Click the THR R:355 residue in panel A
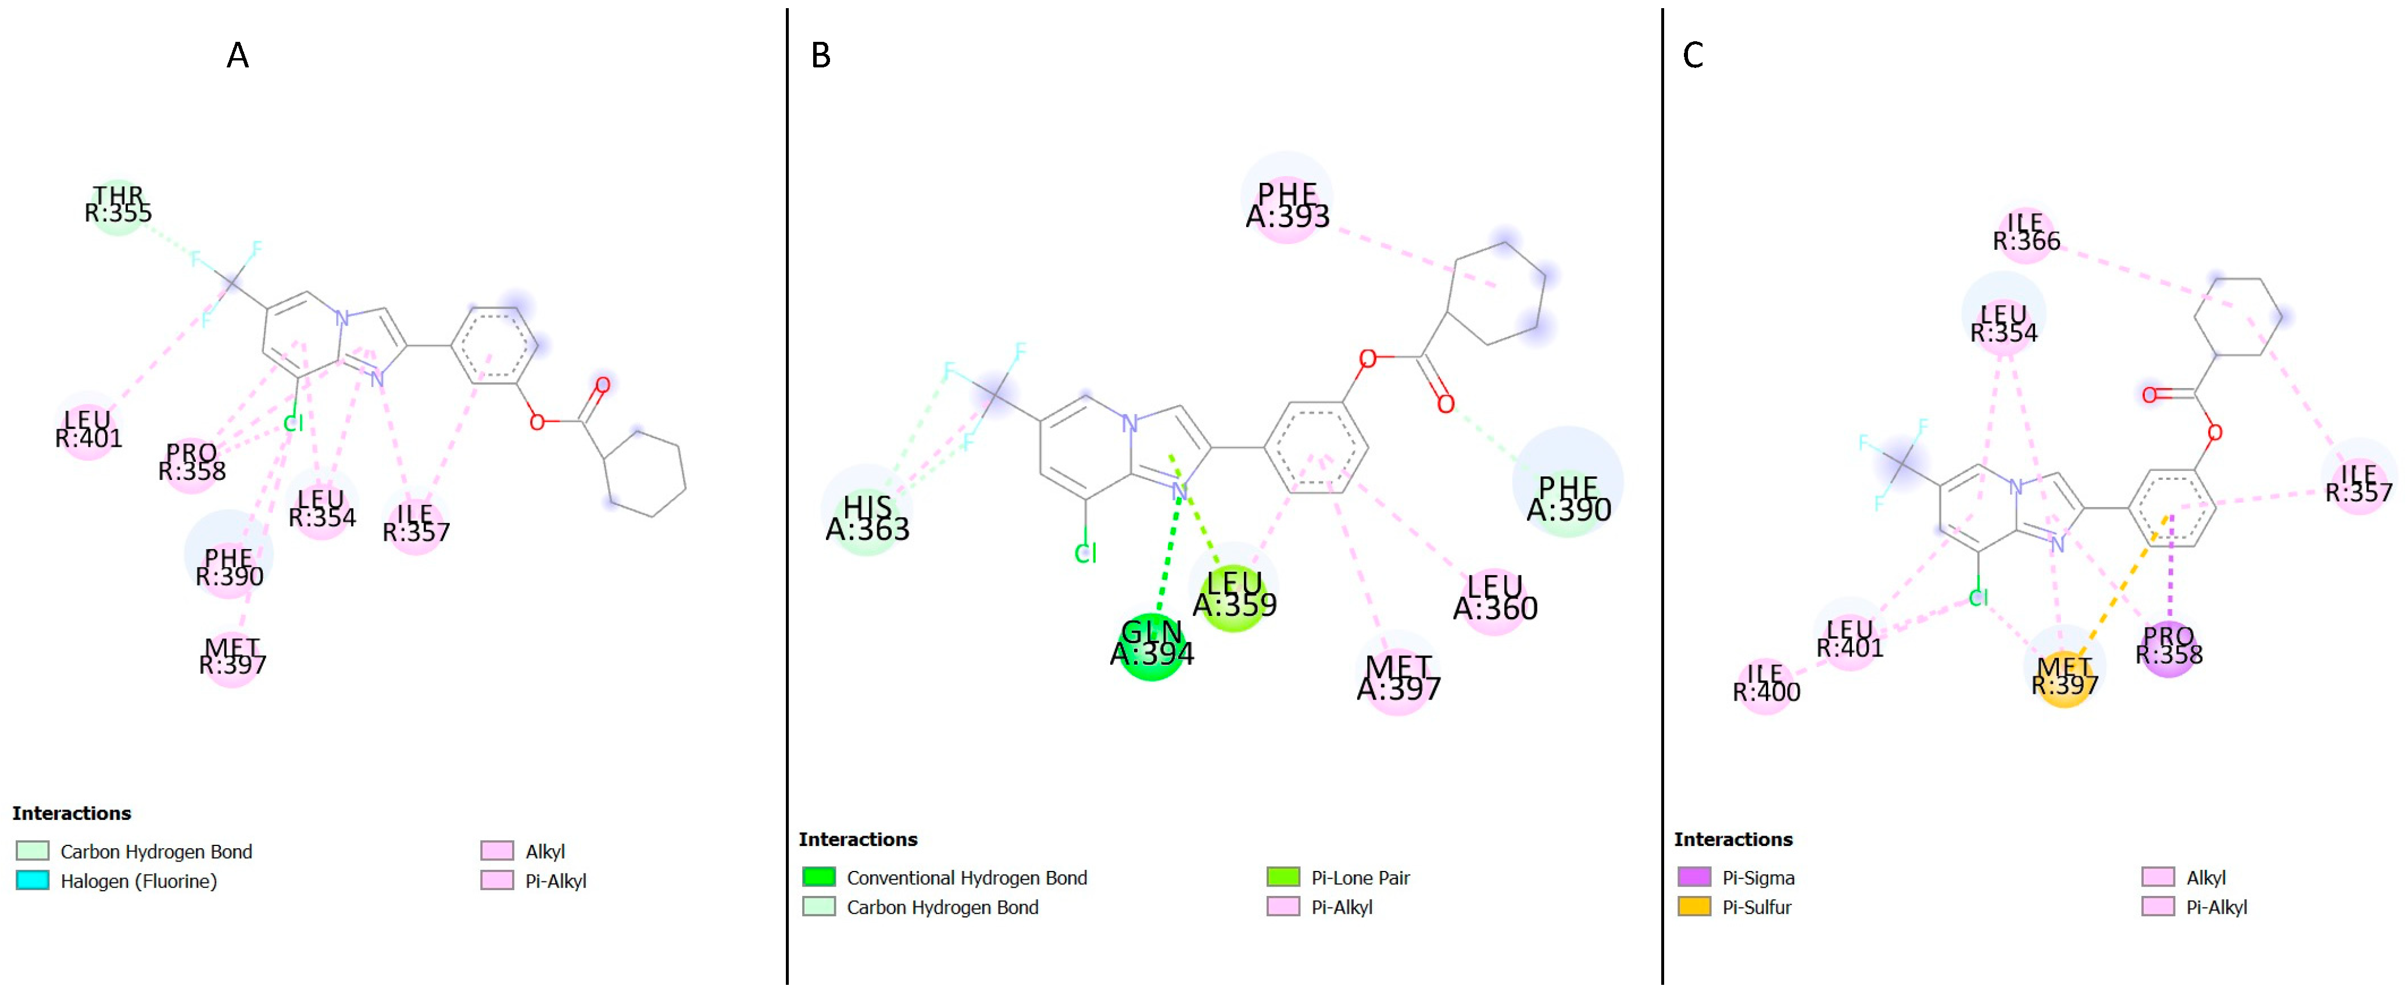(118, 206)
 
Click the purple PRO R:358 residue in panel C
(2169, 646)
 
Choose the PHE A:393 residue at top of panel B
(1287, 206)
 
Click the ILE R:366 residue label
(2026, 232)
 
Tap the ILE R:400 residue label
(1766, 684)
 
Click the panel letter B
(820, 56)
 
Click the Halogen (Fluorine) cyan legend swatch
(33, 880)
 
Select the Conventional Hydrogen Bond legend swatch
(818, 877)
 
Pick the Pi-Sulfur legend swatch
(1694, 906)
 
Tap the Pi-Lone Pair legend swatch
(1283, 877)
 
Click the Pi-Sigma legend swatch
(1694, 877)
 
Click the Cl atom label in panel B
(1085, 554)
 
